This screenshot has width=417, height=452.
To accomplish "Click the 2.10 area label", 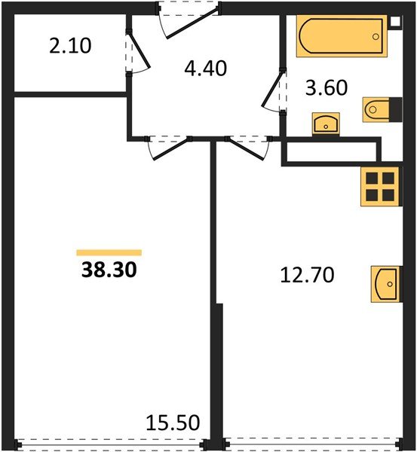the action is tap(70, 46).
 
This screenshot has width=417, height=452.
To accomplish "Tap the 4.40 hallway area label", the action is tap(205, 69).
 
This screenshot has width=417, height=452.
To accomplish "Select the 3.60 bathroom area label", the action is tap(327, 88).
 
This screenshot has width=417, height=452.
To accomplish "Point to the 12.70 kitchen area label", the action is tap(308, 275).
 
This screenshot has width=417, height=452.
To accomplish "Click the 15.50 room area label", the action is tap(173, 423).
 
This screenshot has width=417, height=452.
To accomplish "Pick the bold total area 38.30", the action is tap(109, 270).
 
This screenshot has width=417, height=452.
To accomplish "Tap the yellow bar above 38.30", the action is tap(109, 252).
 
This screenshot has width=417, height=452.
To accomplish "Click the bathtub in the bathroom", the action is tap(342, 36).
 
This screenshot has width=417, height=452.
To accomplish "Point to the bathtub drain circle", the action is tap(376, 37).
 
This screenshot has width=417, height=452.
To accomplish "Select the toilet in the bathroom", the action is tap(382, 109).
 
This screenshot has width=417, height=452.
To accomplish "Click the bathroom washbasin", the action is tap(326, 124).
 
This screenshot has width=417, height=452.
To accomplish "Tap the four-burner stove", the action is tap(382, 187).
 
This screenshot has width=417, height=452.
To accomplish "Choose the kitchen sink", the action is tap(386, 284).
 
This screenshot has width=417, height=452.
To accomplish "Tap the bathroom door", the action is tap(273, 90).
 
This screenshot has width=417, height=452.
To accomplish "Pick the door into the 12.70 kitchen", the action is tap(248, 148).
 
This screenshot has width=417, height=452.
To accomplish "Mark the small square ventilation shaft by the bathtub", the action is tap(395, 22).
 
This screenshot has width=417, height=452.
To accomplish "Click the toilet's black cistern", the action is tap(396, 109).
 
